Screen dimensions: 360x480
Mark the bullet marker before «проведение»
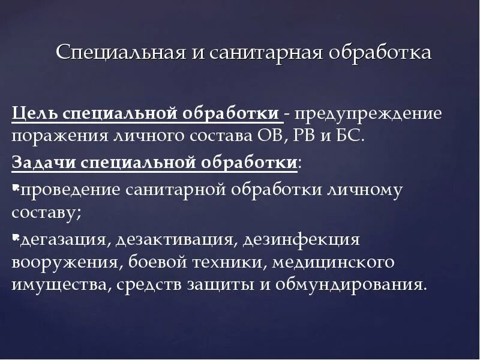pos(15,187)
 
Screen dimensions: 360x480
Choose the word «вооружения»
pos(58,263)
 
